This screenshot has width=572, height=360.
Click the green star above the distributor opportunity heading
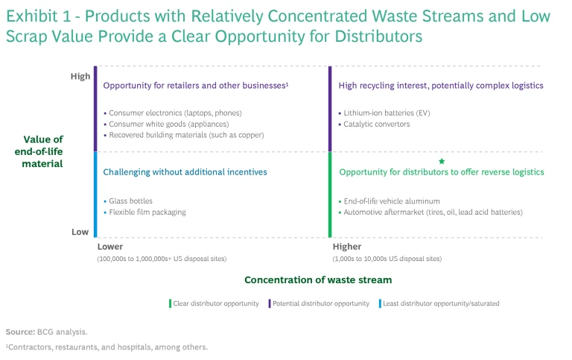tap(442, 161)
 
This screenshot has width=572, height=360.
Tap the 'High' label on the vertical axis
tap(80, 76)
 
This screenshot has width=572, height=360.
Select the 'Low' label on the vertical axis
tap(80, 232)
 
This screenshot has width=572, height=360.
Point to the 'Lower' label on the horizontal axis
tap(110, 247)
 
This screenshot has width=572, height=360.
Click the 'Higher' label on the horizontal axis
tap(347, 247)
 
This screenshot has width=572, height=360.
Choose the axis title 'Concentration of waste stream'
tap(318, 280)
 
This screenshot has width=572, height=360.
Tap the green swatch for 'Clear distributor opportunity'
tap(170, 303)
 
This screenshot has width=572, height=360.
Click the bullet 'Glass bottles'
tap(130, 201)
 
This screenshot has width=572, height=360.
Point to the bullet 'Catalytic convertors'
tap(376, 124)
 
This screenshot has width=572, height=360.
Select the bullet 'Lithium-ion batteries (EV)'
tap(387, 113)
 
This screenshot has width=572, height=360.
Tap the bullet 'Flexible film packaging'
tap(147, 212)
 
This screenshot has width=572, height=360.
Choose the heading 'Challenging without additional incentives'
tap(185, 172)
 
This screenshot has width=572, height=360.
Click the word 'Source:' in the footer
tap(19, 332)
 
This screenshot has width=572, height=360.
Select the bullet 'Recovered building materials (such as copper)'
tap(185, 135)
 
